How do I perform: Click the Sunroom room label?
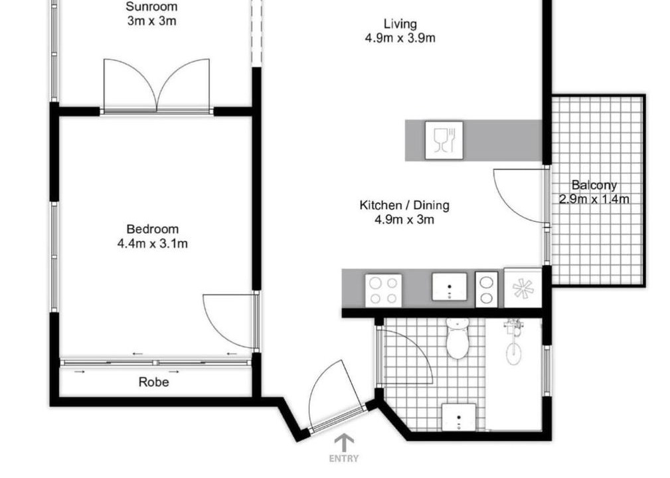(151, 7)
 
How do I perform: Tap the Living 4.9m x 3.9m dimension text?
(400, 38)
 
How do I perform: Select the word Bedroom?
(153, 229)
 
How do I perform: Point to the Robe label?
(154, 382)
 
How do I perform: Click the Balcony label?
(594, 185)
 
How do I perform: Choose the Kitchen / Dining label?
(404, 205)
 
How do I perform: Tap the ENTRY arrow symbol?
(344, 443)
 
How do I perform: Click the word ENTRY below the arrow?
(344, 459)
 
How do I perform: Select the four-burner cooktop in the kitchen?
(383, 290)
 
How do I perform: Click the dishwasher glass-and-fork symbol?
(444, 141)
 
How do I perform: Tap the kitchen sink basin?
(450, 286)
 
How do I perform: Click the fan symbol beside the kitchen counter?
(523, 287)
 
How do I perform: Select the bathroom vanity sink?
(459, 416)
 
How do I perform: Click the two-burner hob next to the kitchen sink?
(486, 289)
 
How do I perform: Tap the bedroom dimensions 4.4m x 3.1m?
(153, 244)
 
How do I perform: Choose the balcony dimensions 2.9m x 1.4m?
(594, 199)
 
